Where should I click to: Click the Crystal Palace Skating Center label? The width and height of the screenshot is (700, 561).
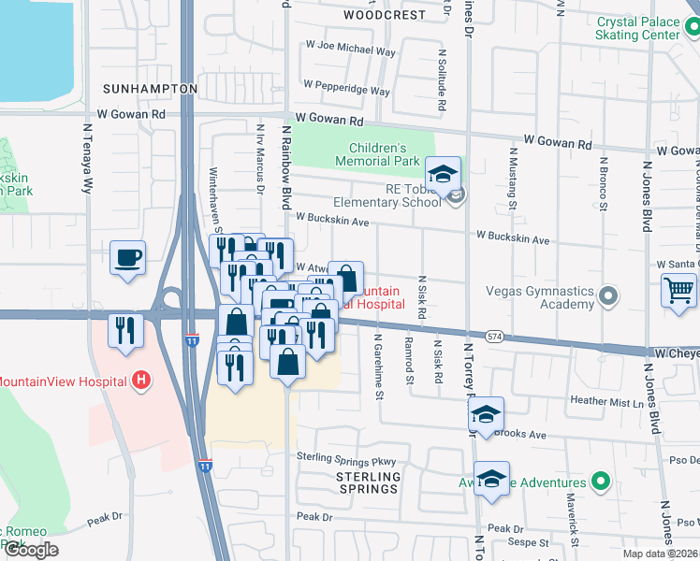637,28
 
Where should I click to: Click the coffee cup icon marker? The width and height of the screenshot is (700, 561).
127,257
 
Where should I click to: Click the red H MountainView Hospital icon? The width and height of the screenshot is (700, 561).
140,381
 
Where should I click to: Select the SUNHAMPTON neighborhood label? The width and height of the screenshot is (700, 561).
150,89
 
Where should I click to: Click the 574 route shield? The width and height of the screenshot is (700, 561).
495,335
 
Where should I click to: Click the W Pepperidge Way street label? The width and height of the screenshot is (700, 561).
346,92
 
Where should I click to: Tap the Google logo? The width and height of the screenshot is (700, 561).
30,550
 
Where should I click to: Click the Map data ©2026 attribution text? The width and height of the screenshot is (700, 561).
660,554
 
